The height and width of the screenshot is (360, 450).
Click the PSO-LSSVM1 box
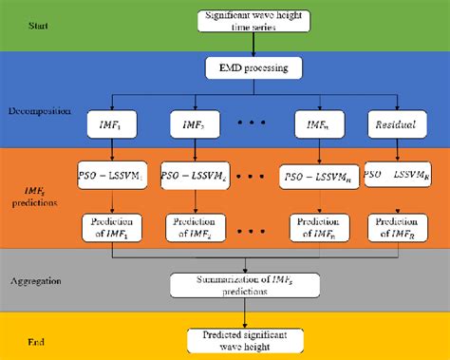(113, 176)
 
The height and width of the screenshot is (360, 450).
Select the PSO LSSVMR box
(394, 176)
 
